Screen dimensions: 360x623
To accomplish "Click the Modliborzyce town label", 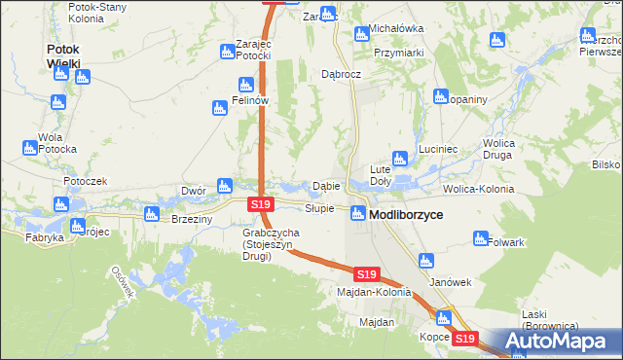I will (407, 214).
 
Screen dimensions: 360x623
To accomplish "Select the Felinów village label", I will (249, 100).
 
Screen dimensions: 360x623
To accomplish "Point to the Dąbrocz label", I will (342, 74).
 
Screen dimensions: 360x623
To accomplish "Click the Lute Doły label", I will (381, 174).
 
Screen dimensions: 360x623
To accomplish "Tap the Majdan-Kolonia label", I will (374, 291).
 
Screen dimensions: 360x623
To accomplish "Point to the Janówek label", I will (451, 282).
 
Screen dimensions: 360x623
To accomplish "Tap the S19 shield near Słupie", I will (260, 204).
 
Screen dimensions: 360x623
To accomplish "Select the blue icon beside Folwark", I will (480, 237).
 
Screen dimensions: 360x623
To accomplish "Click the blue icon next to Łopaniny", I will (438, 96).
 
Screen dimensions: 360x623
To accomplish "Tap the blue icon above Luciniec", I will (398, 158).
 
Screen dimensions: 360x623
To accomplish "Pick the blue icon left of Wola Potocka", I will (29, 148).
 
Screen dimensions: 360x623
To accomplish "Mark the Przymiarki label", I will (398, 53).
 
